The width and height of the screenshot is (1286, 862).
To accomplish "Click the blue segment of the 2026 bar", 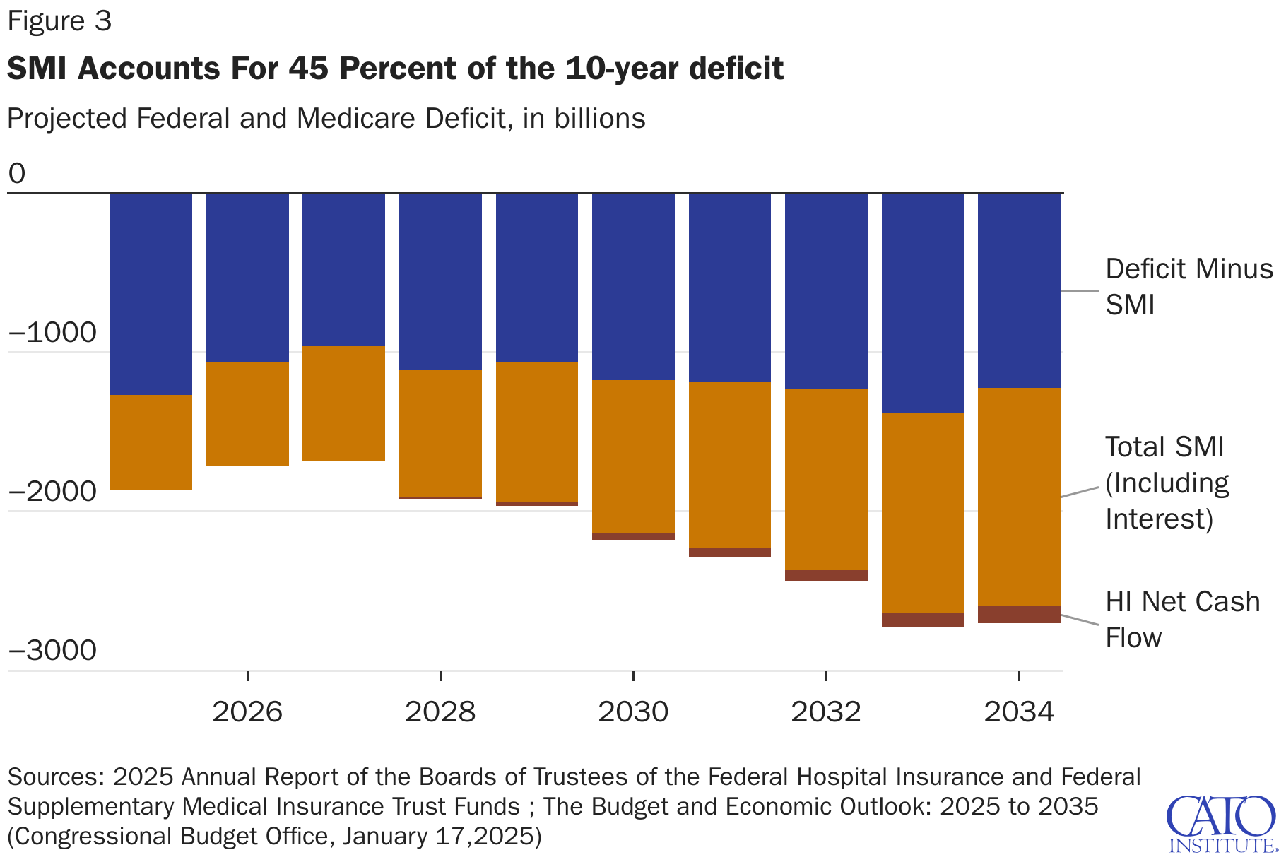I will tap(247, 277).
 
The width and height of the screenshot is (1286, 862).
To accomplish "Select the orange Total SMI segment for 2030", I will tap(633, 456).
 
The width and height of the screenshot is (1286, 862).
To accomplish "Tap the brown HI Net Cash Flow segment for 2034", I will tap(1019, 615).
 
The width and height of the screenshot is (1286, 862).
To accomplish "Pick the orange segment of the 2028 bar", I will tap(440, 433).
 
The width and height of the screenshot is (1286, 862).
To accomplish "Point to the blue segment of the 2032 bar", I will tap(826, 290).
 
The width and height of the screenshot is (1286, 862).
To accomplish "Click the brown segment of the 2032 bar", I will tap(826, 575).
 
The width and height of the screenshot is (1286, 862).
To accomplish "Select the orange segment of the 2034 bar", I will tap(1019, 497).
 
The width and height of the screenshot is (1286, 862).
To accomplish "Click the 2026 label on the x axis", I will tap(247, 712).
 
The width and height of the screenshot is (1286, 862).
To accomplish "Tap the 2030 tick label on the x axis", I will tap(633, 712).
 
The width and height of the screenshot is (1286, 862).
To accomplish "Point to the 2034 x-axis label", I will tap(1019, 712).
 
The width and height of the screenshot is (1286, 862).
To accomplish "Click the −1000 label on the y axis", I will tap(52, 333).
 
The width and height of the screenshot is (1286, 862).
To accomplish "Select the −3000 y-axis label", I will tap(52, 651).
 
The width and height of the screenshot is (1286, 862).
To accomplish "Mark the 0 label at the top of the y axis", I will tap(17, 174).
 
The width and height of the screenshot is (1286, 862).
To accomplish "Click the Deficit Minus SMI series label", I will tap(1188, 287).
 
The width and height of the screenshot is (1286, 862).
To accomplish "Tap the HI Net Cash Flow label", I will tap(1182, 619).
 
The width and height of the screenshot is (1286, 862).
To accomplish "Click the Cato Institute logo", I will tap(1221, 824).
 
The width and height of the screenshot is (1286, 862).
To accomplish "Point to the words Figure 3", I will tap(59, 21).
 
